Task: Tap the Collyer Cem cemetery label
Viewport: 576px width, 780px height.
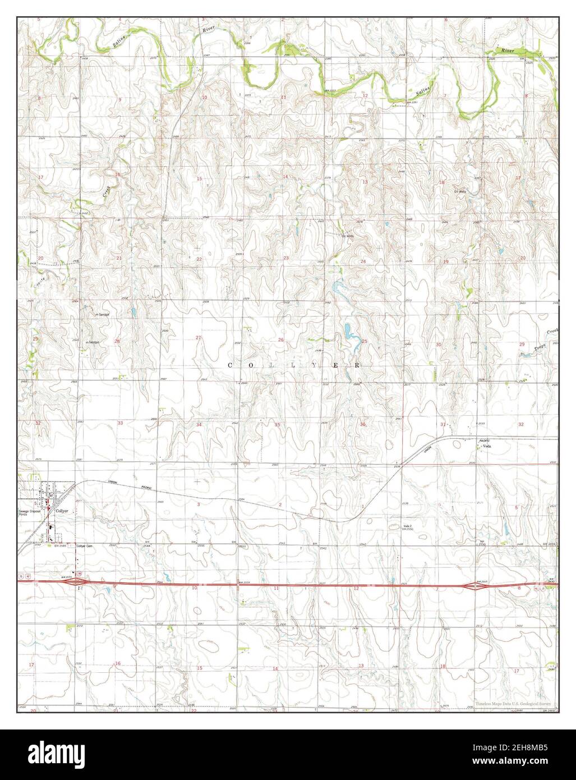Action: click(84, 545)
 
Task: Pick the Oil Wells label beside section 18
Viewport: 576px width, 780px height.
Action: click(460, 191)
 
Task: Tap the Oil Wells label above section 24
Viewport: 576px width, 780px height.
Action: click(348, 236)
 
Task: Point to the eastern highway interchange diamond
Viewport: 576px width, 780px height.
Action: click(474, 586)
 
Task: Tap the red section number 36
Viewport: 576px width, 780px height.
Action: click(363, 424)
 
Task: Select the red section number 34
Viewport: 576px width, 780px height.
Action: click(199, 424)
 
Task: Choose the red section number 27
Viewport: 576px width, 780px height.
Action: click(198, 337)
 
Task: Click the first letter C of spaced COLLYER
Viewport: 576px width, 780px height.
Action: click(231, 365)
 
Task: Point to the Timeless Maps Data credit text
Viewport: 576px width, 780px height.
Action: click(513, 703)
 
